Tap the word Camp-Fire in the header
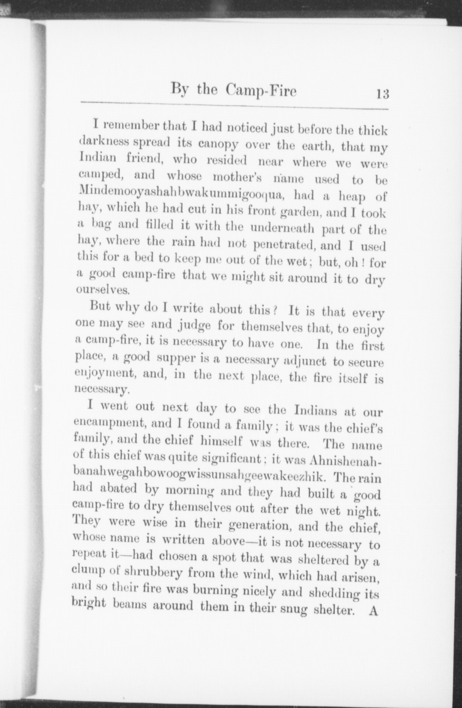click(261, 90)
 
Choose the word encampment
click(110, 422)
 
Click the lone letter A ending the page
click(373, 611)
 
